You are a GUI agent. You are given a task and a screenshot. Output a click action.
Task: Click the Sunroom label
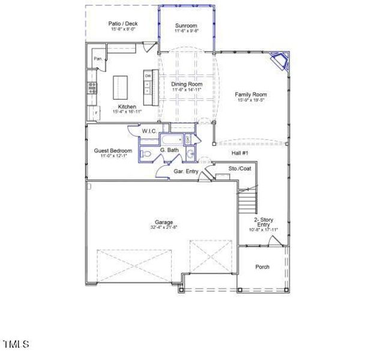[x=186, y=26]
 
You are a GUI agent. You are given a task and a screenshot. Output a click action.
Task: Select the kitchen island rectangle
[x=122, y=88]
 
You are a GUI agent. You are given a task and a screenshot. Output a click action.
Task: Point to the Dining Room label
[x=187, y=85]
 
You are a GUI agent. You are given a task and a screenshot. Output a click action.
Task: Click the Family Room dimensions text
[x=251, y=100]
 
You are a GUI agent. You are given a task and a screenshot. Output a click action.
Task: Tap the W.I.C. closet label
[x=149, y=131]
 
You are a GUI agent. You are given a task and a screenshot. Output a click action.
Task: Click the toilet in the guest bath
[x=146, y=154]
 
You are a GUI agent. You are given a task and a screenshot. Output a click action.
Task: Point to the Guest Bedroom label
[x=112, y=150]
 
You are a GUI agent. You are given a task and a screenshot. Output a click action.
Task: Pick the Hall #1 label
[x=240, y=154]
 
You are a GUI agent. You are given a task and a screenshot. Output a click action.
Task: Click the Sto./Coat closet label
[x=240, y=169]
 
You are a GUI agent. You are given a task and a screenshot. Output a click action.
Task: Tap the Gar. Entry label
[x=186, y=172]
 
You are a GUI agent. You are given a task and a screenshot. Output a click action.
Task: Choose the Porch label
[x=262, y=267]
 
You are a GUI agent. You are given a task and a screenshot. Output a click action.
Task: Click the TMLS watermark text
[x=16, y=344]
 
